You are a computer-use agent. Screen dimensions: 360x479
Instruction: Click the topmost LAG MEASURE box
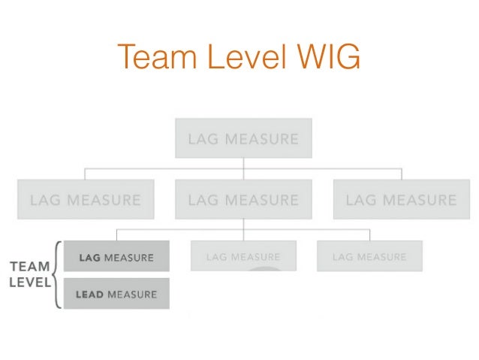pos(243,138)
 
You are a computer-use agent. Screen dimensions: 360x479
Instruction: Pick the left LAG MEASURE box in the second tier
pos(86,200)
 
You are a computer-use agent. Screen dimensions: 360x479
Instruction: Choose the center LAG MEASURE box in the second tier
pos(243,200)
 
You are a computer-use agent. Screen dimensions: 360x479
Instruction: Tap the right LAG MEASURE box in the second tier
pos(401,200)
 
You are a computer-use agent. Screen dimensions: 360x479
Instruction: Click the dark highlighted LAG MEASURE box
pos(116,257)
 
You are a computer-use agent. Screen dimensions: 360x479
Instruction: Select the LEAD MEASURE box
pos(116,294)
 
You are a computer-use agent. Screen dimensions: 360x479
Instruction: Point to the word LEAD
pos(89,295)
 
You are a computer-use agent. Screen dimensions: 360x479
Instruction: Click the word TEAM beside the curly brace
pos(29,267)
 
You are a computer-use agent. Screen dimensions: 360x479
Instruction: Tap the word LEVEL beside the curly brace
pos(29,283)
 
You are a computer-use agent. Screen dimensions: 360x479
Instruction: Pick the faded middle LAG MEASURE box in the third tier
pos(243,257)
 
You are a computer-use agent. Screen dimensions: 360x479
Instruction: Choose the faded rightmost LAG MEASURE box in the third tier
pos(369,257)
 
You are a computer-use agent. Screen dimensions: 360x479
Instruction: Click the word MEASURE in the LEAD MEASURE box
pos(132,295)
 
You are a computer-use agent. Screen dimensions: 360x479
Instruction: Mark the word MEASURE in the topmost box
pos(259,139)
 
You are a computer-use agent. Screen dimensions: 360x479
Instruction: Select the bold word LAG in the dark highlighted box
pos(90,258)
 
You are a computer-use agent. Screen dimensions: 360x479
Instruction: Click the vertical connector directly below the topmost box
pos(243,165)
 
